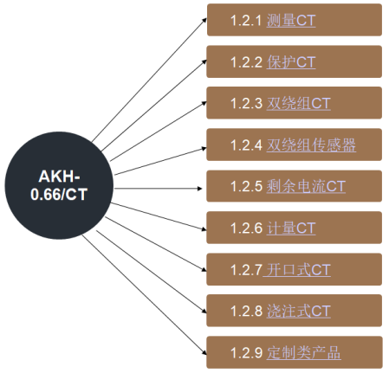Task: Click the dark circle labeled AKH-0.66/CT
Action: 59,185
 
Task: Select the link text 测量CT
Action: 291,21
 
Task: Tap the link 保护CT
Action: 291,62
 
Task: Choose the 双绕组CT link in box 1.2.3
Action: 298,104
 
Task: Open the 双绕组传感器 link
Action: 311,145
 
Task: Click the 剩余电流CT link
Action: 306,186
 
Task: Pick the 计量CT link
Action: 291,228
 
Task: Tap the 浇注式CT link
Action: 298,312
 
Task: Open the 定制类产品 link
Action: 303,353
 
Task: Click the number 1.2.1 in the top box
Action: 246,21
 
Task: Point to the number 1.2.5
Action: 246,186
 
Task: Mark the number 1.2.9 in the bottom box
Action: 246,353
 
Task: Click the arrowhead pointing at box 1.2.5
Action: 200,189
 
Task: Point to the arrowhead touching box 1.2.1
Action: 204,20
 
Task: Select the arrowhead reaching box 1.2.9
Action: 204,352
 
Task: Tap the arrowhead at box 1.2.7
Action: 204,269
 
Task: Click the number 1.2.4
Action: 246,145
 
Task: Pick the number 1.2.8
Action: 246,312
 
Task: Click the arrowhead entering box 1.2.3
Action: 204,103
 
